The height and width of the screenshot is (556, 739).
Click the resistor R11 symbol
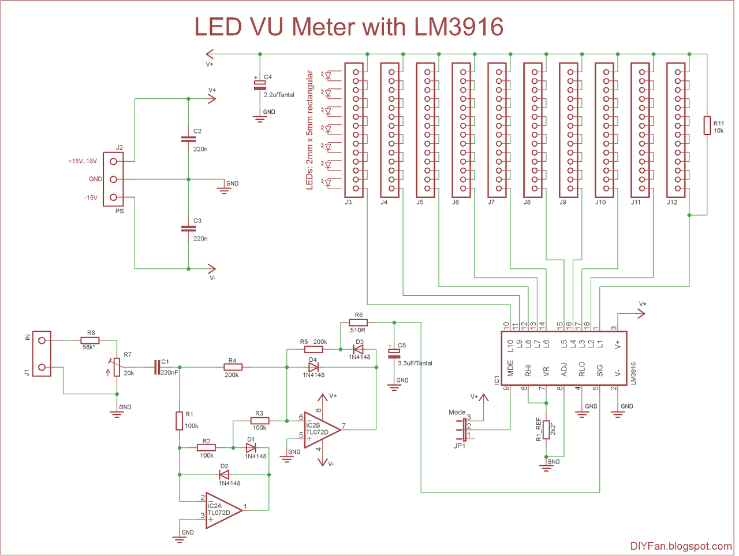click(x=707, y=125)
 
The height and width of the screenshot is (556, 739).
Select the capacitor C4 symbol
click(x=260, y=86)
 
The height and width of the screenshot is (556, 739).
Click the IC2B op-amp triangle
click(x=322, y=429)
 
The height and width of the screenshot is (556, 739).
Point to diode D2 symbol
click(x=224, y=475)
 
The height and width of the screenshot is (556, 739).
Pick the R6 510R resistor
click(x=358, y=323)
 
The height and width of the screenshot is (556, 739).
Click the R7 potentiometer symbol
click(x=117, y=366)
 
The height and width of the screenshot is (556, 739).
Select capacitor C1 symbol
click(x=156, y=367)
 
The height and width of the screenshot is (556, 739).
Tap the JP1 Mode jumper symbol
click(x=464, y=429)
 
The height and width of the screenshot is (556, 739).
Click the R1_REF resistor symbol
click(x=546, y=429)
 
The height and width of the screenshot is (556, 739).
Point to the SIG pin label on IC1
click(x=600, y=370)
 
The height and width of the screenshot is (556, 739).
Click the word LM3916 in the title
click(x=458, y=27)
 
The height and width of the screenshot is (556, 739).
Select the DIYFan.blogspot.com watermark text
click(x=681, y=546)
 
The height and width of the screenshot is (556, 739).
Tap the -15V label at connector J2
click(x=91, y=198)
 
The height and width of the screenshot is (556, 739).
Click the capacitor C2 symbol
click(x=188, y=139)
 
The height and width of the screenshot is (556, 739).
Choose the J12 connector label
click(x=671, y=202)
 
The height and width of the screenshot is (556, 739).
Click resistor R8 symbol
click(x=90, y=340)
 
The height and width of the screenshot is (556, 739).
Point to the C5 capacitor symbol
click(x=394, y=353)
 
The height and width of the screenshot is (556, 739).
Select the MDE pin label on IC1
click(x=510, y=368)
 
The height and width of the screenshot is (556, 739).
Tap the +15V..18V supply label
click(x=83, y=161)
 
